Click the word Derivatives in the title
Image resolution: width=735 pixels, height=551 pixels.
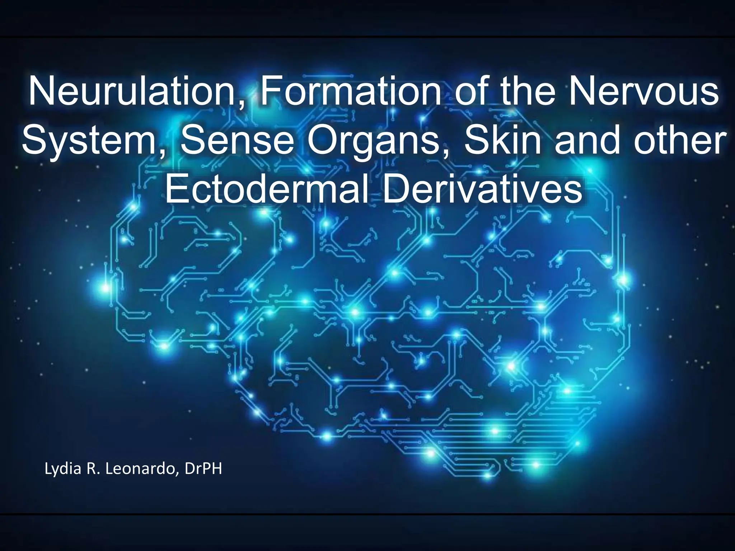pos(483,188)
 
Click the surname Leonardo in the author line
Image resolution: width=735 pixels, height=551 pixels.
pos(142,468)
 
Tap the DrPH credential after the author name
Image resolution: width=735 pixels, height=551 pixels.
pos(203,468)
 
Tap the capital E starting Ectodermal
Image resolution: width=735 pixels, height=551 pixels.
pos(175,188)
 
